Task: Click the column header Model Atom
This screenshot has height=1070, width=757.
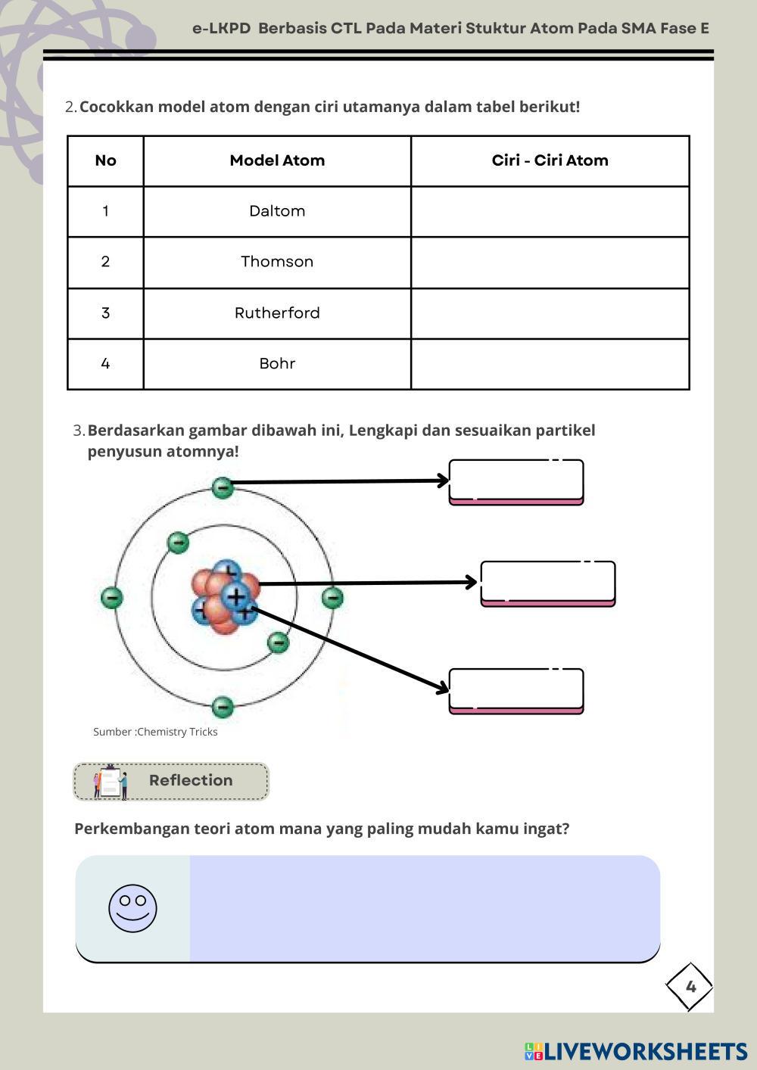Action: click(x=277, y=160)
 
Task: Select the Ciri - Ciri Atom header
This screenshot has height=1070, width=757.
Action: click(x=550, y=160)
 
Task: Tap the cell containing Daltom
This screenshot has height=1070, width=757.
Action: click(x=277, y=211)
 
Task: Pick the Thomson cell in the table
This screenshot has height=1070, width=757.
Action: click(x=277, y=262)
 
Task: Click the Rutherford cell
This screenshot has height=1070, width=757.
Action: click(x=277, y=313)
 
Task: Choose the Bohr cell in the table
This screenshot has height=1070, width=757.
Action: click(x=277, y=364)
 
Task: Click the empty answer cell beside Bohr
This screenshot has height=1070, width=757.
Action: click(x=550, y=364)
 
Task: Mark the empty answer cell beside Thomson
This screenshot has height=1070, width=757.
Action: click(x=550, y=262)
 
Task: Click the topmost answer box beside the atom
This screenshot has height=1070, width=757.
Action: click(x=516, y=481)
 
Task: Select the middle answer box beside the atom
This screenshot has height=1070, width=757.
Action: click(x=548, y=583)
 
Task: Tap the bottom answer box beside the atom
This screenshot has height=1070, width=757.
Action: click(x=516, y=690)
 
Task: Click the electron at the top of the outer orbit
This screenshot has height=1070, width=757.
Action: click(x=222, y=487)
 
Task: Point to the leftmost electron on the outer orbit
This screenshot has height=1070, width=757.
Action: click(x=111, y=598)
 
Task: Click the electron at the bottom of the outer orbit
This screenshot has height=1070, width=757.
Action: click(x=222, y=707)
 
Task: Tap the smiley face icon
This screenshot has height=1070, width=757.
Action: click(x=132, y=908)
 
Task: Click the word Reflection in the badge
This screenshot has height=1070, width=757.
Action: click(x=191, y=780)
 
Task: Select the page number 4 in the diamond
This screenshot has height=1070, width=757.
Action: click(x=690, y=987)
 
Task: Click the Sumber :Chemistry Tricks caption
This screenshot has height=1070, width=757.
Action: click(x=155, y=732)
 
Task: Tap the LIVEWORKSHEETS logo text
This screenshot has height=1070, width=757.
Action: click(x=645, y=1051)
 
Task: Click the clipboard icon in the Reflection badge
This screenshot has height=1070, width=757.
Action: click(x=110, y=782)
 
